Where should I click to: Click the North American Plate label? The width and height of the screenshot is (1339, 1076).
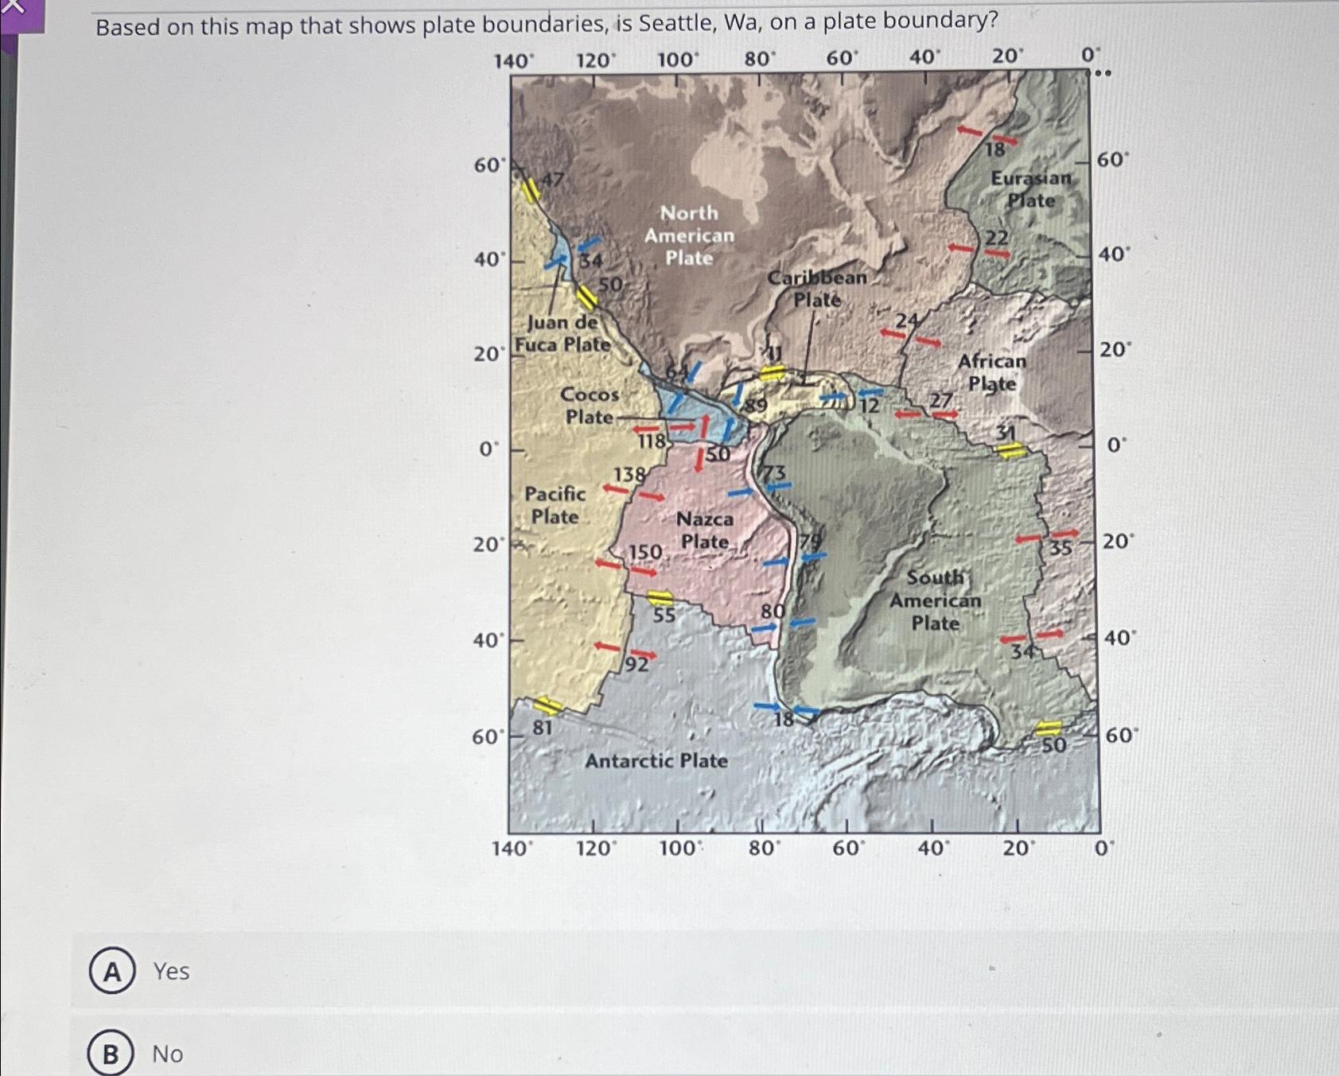coord(689,235)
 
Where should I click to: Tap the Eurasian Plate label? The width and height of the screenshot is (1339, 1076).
coord(1031,189)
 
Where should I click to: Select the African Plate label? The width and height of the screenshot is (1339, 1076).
coord(991,372)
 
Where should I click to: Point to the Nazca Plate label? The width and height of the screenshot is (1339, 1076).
coord(705,530)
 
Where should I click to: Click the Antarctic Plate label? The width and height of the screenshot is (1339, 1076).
coord(656,761)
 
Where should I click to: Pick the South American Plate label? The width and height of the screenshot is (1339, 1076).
coord(935,600)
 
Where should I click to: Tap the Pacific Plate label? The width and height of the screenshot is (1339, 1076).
coord(555,505)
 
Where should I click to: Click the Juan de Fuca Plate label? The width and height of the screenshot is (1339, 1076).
coord(562,333)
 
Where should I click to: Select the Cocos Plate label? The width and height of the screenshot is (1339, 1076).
coord(590,406)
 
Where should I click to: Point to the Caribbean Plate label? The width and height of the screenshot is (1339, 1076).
coord(817,288)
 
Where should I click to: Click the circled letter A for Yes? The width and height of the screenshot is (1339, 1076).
coord(112,971)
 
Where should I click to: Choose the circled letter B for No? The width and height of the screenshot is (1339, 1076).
coord(111,1054)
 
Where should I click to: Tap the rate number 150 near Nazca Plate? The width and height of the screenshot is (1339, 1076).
coord(645,552)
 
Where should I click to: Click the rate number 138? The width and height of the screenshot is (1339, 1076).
coord(629,475)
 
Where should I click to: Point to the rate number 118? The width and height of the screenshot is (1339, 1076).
coord(652,441)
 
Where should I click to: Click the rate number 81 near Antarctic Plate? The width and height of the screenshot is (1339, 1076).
coord(543,728)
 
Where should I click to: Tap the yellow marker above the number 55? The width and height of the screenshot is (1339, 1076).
coord(660,598)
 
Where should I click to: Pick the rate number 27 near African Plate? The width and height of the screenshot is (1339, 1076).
coord(941,400)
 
